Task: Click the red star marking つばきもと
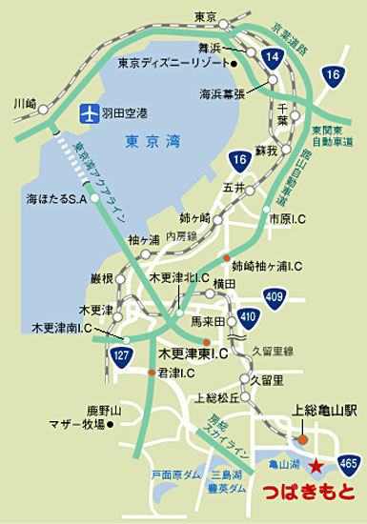tap(316, 466)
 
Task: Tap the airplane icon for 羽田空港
tap(89, 112)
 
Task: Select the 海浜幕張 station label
tap(222, 93)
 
